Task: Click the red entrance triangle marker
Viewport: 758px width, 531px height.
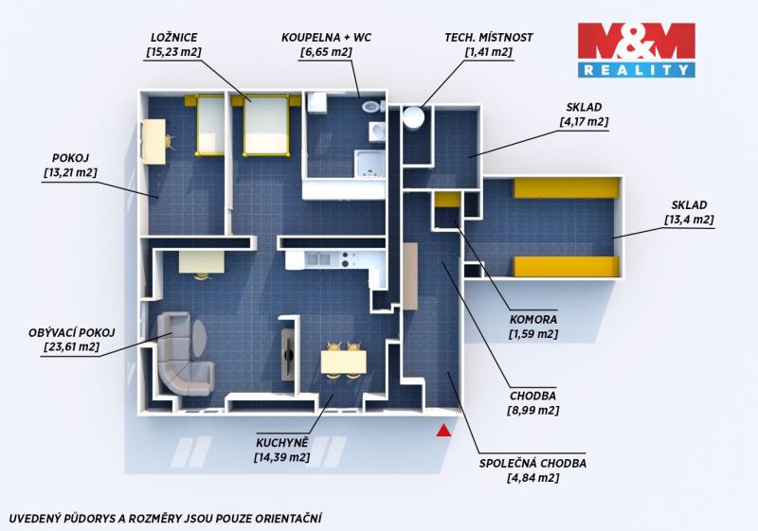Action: point(443,431)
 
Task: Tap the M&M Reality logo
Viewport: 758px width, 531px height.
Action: point(636,50)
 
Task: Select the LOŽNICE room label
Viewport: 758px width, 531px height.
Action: point(174,37)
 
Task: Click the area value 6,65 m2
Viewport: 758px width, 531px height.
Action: point(326,52)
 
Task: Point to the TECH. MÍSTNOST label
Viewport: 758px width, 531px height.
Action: point(489,37)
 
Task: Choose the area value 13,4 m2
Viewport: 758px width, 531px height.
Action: point(689,220)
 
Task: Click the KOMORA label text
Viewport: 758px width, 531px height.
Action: point(533,319)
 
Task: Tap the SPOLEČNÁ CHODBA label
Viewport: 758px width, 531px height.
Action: point(532,464)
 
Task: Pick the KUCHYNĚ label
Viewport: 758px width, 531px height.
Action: point(281,443)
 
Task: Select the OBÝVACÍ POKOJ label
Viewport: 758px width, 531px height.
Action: point(72,332)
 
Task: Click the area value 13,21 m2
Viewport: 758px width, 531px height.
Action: point(70,172)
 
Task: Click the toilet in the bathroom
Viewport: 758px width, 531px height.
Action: point(372,106)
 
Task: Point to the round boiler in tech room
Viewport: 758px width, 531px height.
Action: point(414,116)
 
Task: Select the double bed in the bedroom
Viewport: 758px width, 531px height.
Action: point(266,126)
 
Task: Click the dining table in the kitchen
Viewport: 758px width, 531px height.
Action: point(344,363)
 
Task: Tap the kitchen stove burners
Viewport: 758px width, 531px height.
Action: point(346,259)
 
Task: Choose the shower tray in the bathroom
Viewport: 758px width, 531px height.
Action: point(369,164)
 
